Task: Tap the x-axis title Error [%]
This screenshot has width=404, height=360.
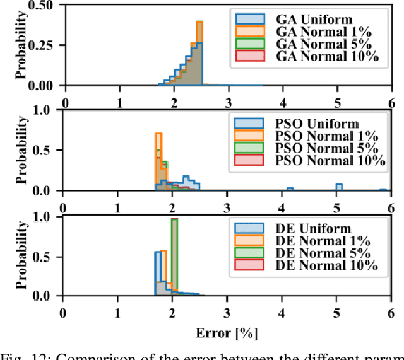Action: [225, 331]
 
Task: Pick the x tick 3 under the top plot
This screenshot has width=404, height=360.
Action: [228, 102]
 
